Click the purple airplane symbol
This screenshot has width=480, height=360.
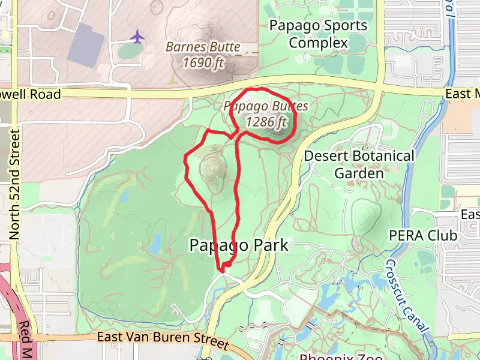click(x=137, y=37)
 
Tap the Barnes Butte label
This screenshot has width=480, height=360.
click(x=203, y=47)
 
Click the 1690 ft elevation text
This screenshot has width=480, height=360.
click(x=203, y=62)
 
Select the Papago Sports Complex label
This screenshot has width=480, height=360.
click(x=318, y=34)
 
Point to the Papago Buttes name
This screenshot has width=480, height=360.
click(x=266, y=106)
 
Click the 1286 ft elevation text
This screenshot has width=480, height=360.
click(x=266, y=122)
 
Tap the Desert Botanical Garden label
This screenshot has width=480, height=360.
click(x=359, y=164)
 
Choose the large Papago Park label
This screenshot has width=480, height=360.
click(x=239, y=245)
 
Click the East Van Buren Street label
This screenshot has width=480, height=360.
click(x=163, y=340)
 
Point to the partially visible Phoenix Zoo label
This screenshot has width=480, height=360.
click(x=341, y=356)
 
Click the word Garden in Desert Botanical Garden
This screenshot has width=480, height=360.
click(x=359, y=173)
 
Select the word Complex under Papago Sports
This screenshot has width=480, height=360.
click(x=318, y=43)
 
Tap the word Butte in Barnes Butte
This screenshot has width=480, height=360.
click(x=223, y=47)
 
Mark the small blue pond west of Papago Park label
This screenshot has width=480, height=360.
click(x=154, y=244)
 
